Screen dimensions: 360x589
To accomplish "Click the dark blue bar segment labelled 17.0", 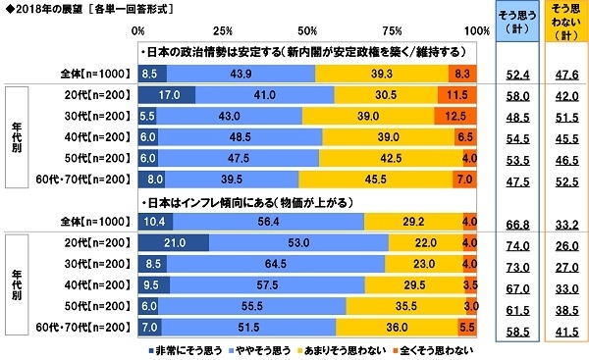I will click(x=166, y=94).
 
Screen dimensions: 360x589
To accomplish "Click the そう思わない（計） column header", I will click(x=564, y=23).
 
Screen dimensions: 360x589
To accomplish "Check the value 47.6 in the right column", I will click(x=564, y=75).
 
